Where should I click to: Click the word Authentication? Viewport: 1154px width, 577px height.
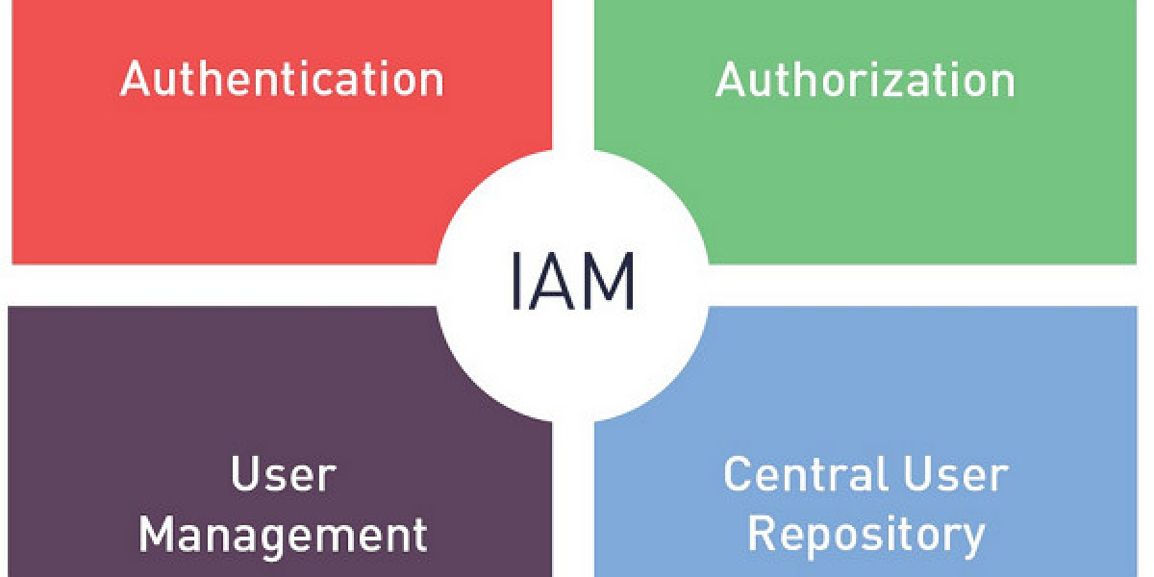(x=282, y=79)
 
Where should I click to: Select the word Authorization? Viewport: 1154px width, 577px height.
(x=865, y=80)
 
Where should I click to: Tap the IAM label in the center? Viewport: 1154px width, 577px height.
(x=572, y=282)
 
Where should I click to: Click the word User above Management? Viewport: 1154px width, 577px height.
(x=283, y=475)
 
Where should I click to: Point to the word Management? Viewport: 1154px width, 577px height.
(x=283, y=534)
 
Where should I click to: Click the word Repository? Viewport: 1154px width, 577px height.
(x=865, y=535)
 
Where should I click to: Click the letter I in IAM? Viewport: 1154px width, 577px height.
(x=516, y=282)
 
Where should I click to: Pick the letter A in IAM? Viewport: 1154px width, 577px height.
(x=553, y=282)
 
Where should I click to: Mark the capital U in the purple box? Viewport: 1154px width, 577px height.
(x=244, y=475)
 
